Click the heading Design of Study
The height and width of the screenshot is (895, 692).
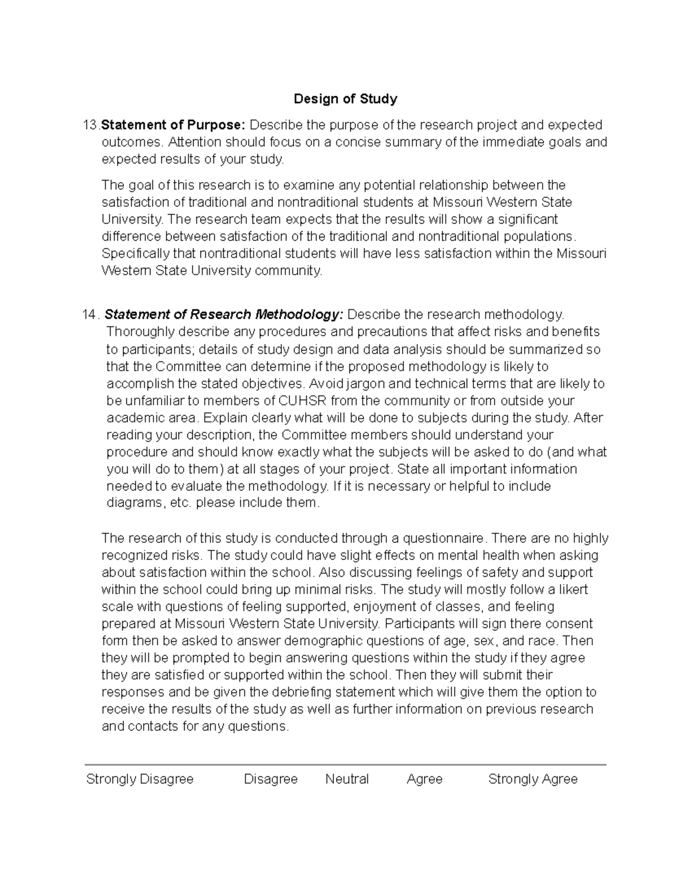pyautogui.click(x=345, y=99)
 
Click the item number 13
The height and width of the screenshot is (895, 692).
pyautogui.click(x=91, y=125)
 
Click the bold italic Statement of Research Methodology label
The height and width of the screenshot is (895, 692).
pyautogui.click(x=224, y=315)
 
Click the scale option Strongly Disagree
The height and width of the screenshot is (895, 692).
pyautogui.click(x=140, y=779)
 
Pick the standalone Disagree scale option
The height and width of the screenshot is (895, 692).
pyautogui.click(x=270, y=779)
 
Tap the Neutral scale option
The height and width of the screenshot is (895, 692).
pyautogui.click(x=347, y=779)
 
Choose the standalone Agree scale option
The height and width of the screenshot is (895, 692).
pyautogui.click(x=424, y=779)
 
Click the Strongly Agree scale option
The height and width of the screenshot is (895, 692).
pyautogui.click(x=532, y=779)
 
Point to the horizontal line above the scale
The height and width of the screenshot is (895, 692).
pyautogui.click(x=345, y=765)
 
